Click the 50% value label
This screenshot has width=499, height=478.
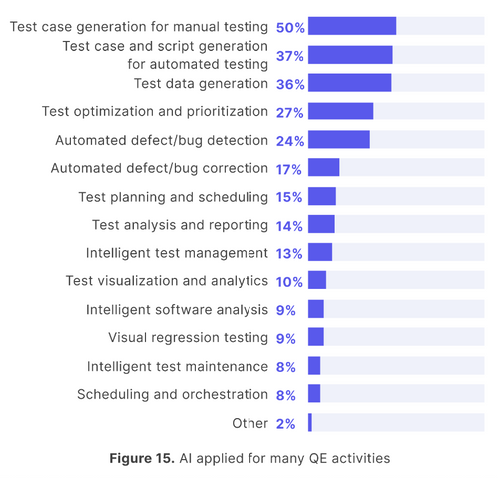tap(290, 27)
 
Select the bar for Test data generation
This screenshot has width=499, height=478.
tap(349, 83)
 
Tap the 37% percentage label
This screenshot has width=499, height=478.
tap(290, 55)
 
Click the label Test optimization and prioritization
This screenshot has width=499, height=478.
tap(155, 111)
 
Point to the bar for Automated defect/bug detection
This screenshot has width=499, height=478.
tap(339, 140)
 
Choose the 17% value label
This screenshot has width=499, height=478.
tap(290, 168)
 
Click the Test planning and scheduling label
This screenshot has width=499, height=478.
tap(173, 197)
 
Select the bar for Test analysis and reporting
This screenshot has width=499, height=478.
tap(321, 225)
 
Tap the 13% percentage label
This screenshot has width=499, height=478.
tap(290, 253)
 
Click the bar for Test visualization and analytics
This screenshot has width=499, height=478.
tap(317, 281)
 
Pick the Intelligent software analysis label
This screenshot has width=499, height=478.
tap(177, 309)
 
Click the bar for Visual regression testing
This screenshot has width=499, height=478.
tap(316, 338)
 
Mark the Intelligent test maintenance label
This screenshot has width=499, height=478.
tap(177, 366)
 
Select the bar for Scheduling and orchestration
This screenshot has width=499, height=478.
tap(314, 394)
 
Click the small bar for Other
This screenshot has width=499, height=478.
tap(310, 423)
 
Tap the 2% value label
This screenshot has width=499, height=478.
tap(286, 423)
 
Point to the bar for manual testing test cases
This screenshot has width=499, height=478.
tap(352, 27)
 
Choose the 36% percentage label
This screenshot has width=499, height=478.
tap(290, 83)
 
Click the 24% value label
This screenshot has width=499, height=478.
tap(290, 140)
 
